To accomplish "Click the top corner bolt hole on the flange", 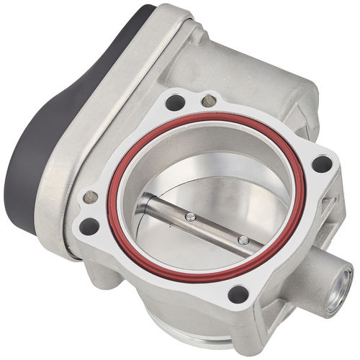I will [175, 102].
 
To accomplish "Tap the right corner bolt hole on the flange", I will [321, 164].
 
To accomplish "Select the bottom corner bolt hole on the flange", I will [238, 294].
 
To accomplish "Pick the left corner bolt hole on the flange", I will [89, 226].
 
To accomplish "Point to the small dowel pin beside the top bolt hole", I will [209, 100].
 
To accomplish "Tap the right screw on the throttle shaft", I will [243, 240].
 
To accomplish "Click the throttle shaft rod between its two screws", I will [216, 228].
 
